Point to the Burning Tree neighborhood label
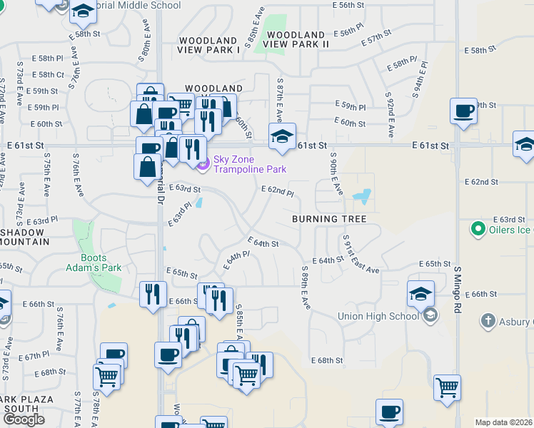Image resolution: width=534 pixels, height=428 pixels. click(329, 219)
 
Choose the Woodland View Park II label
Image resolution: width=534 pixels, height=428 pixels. click(296, 39)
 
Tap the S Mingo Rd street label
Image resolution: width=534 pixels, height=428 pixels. click(458, 288)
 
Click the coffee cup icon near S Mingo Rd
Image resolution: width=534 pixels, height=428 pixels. click(463, 111)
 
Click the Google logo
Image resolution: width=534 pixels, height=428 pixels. click(24, 419)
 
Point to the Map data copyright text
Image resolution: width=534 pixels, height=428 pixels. click(504, 422)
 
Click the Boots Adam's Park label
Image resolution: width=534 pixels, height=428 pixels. click(101, 263)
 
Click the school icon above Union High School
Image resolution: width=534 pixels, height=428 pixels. click(420, 293)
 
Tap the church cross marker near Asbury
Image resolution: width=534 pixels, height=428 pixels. click(488, 320)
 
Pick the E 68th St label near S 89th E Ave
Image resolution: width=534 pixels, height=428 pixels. click(328, 361)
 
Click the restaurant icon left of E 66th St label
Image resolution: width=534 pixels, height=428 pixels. click(153, 294)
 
